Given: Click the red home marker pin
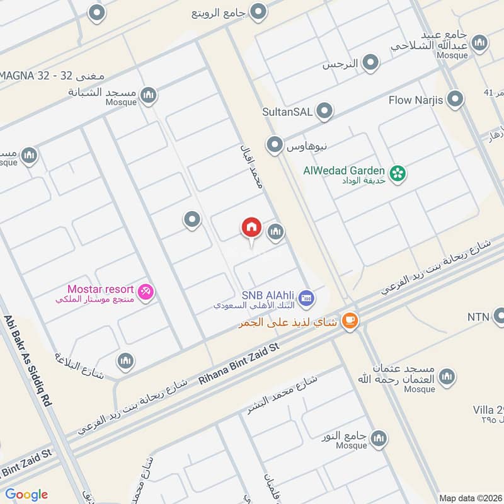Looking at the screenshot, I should (x=251, y=227).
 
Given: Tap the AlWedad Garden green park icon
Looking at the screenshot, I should (x=397, y=172).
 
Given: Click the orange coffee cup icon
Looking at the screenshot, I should (x=350, y=321).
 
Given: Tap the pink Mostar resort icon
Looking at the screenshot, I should (x=146, y=291).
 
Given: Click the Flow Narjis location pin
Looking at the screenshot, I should (x=455, y=100).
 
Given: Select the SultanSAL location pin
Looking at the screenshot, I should (x=324, y=112).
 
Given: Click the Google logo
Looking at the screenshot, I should (x=26, y=495).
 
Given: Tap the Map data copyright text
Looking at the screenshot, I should (x=469, y=498).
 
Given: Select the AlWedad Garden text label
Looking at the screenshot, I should (x=344, y=170).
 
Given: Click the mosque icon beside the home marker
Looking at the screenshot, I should (x=275, y=232).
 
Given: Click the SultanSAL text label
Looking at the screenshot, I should (x=288, y=112).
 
